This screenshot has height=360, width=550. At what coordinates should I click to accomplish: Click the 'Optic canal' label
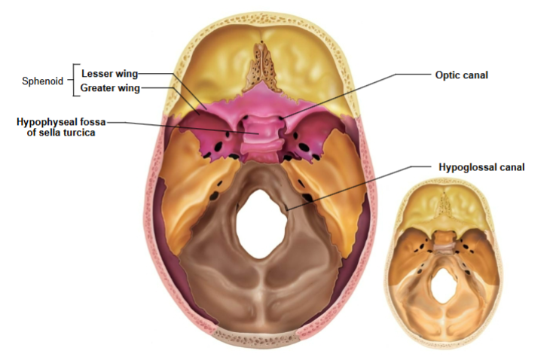(462, 75)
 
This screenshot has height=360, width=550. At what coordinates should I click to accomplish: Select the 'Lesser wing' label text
(108, 74)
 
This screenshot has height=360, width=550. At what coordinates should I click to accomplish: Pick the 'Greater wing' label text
(110, 88)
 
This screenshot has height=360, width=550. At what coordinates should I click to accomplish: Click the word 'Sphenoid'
(43, 81)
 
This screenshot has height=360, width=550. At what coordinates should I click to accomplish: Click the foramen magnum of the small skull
(443, 285)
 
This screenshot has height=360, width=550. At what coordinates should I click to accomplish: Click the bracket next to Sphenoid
(73, 81)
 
